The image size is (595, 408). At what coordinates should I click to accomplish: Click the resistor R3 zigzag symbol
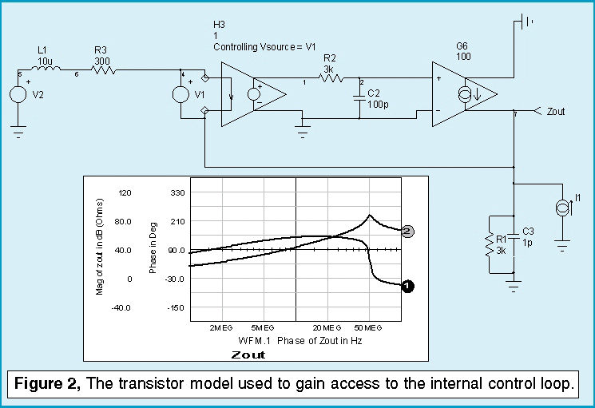click(102, 70)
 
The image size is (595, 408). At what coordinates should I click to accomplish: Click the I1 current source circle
click(562, 209)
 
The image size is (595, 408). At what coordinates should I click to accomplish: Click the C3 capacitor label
click(527, 232)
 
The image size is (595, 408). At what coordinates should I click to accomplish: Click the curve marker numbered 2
click(407, 232)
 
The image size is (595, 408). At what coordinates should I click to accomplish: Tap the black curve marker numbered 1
click(407, 285)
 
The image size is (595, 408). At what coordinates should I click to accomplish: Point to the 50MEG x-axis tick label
click(368, 328)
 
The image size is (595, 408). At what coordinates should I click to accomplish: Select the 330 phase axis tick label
click(176, 192)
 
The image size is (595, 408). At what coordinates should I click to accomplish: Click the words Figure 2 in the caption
click(47, 384)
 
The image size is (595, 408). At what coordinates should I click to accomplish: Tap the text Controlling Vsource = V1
click(264, 48)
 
